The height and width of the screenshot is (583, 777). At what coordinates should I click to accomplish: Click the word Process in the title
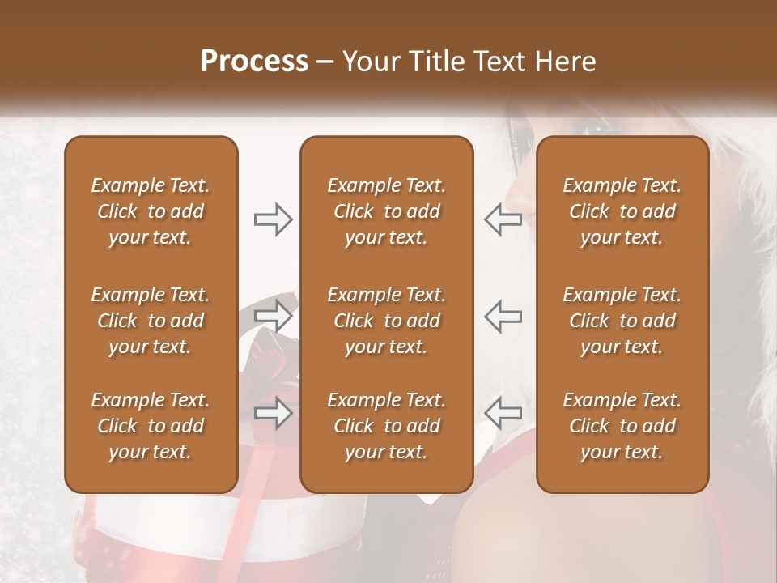254,62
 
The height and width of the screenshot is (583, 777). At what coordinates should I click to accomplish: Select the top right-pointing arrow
273,219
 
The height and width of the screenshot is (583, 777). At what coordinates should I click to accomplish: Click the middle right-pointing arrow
273,316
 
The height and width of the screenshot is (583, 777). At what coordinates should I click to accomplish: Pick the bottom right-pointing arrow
273,413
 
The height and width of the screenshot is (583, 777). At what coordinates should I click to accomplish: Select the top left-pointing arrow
503,219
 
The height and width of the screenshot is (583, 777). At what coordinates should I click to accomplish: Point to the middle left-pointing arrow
503,316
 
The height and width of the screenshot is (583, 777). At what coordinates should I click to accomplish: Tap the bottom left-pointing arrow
503,413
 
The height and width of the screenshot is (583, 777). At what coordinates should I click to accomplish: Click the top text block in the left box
151,211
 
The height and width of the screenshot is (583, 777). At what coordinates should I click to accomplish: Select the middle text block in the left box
151,321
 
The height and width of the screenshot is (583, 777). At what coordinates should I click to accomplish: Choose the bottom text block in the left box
151,426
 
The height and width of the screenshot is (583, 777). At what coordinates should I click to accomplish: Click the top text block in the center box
387,211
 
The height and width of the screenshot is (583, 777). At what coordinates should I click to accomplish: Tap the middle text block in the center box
387,321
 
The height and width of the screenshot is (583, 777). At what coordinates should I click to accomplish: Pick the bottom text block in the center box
387,426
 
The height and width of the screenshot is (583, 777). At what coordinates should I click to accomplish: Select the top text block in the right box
622,211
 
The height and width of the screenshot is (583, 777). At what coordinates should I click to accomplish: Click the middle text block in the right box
622,321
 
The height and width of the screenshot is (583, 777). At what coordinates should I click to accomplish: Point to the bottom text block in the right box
622,426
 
